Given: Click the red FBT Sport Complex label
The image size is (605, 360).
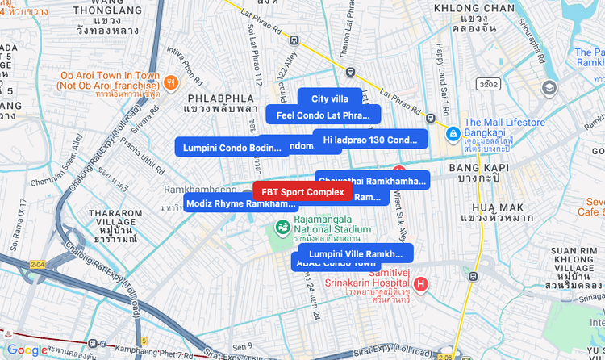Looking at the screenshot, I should point(302,192).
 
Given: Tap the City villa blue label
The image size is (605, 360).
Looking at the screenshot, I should point(330,98).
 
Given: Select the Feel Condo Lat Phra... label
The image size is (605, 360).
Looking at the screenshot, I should point(323,115).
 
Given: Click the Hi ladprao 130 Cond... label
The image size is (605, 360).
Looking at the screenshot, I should point(370,140).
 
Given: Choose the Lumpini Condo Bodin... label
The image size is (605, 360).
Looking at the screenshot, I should point(232,148).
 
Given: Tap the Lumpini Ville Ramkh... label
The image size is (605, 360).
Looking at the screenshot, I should point(355,253).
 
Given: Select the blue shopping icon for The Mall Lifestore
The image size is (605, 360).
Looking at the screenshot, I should point(453,132).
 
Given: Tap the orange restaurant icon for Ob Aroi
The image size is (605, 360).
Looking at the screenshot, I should point(170,82).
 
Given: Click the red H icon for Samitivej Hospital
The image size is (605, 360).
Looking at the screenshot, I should point(420,284).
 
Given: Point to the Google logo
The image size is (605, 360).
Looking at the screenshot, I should point(27,350).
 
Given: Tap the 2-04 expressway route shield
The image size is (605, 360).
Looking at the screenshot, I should point(37,264).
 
